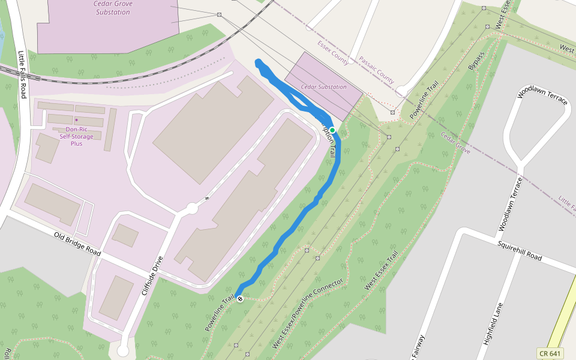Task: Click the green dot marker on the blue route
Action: click(x=332, y=130)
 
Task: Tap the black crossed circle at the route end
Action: click(x=239, y=299)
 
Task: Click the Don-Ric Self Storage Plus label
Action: click(x=76, y=136)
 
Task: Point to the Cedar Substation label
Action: click(x=324, y=87)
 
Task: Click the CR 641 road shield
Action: click(x=551, y=353)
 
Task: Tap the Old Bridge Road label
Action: click(x=77, y=244)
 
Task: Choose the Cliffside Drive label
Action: click(x=152, y=277)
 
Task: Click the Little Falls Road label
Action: click(x=23, y=74)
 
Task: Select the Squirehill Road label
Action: click(x=520, y=252)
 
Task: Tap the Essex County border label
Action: click(x=333, y=53)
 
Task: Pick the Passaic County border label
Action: click(x=376, y=70)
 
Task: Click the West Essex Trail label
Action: click(x=381, y=271)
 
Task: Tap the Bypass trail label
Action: click(x=476, y=61)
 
